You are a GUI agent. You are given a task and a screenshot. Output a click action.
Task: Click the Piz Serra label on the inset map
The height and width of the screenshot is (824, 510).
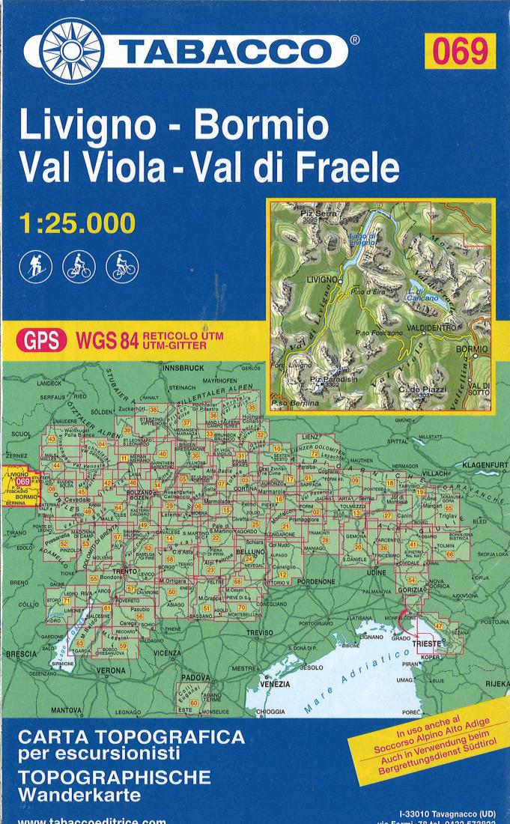[x=318, y=215]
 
